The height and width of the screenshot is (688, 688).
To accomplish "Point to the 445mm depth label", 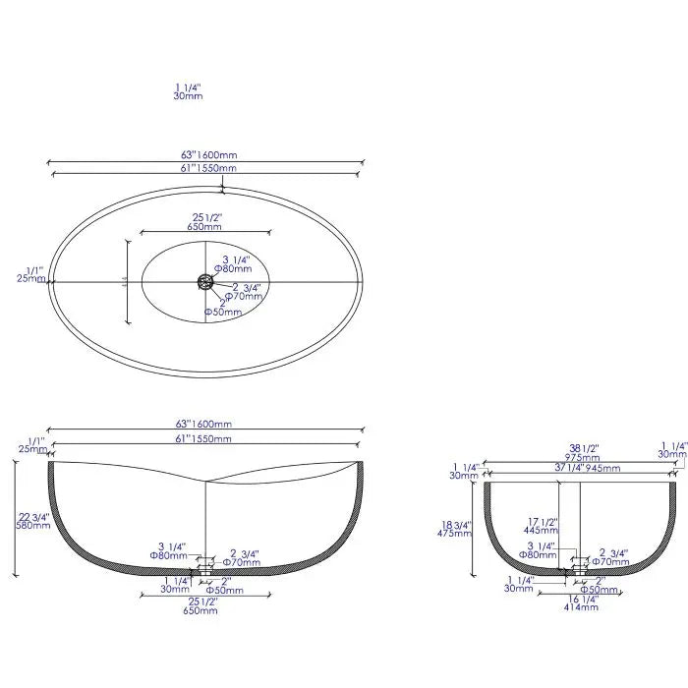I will [x=541, y=530].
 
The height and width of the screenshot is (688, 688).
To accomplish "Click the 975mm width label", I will [x=583, y=457].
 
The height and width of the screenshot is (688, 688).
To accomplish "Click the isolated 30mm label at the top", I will [x=188, y=96].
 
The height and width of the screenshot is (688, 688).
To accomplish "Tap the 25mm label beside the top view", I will [x=31, y=278].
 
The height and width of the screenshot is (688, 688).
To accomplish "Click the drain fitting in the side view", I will [x=205, y=567].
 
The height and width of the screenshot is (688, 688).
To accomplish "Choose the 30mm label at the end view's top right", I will [x=672, y=454].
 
